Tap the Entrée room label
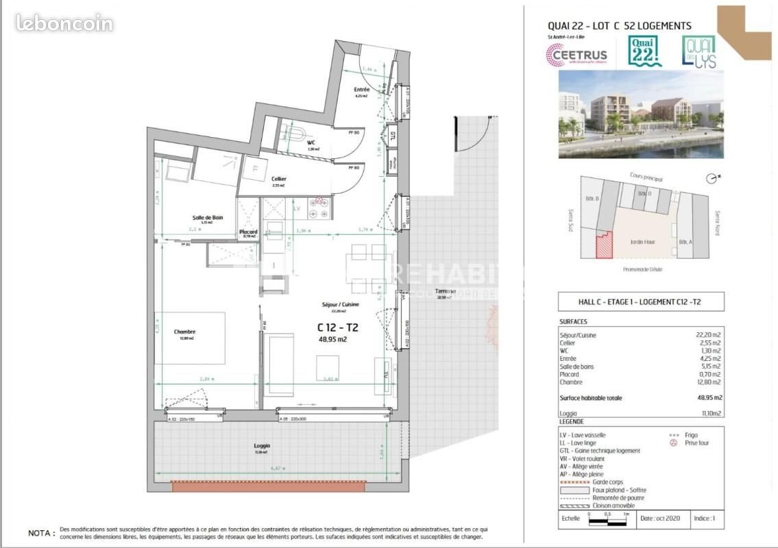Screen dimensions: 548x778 point(362,90)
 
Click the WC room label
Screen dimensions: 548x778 point(311,142)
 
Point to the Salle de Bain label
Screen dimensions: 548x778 point(207,218)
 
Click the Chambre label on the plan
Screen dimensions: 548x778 point(184,332)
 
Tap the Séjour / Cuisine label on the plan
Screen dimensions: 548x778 point(341,304)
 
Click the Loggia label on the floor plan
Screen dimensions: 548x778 point(262,445)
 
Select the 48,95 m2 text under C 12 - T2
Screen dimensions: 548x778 point(333,338)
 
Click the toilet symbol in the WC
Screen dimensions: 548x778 point(296,132)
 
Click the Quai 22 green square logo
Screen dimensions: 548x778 point(646,51)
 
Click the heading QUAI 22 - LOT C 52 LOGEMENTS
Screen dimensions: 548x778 point(619,26)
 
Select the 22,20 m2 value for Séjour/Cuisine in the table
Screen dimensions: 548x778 point(709,336)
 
